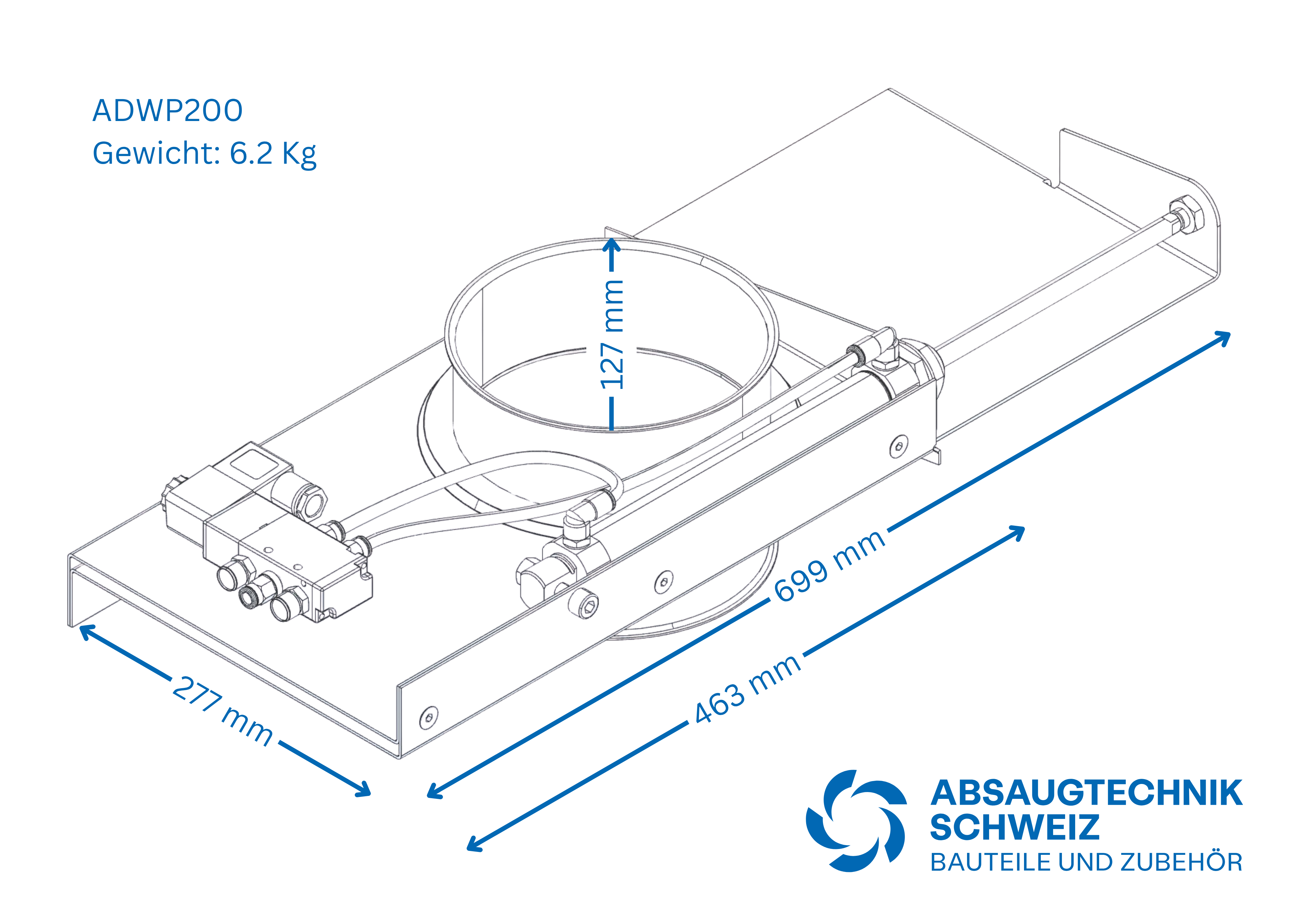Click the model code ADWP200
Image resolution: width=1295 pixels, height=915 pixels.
[x=167, y=111]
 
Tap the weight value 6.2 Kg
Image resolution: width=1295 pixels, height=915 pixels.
[x=273, y=153]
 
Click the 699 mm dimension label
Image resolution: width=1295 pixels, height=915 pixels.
[x=829, y=566]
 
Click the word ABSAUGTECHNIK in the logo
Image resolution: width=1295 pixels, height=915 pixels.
[x=1086, y=793]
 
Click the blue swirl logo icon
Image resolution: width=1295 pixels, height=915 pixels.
[x=856, y=821]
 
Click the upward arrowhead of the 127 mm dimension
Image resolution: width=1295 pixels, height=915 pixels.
[x=612, y=245]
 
